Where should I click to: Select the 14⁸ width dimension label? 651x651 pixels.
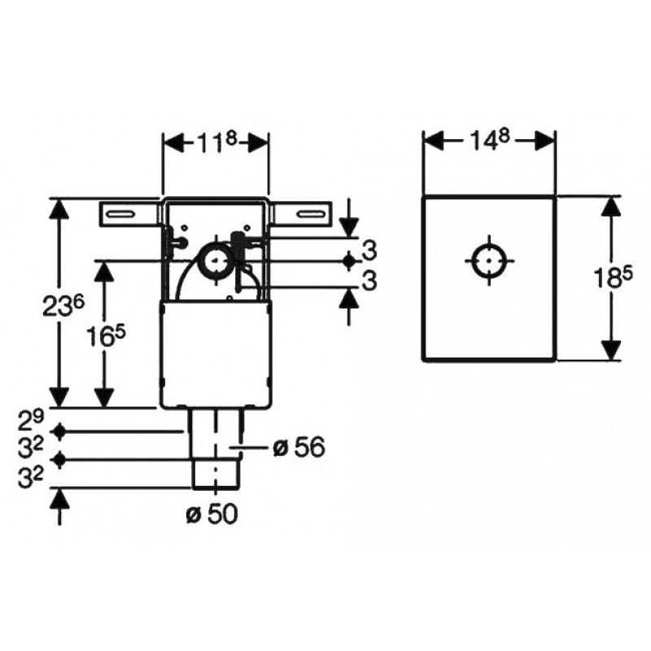pyautogui.click(x=489, y=141)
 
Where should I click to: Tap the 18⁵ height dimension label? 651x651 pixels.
pyautogui.click(x=613, y=277)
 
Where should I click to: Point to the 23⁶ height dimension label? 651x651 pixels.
pyautogui.click(x=63, y=306)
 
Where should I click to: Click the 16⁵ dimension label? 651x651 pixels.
pyautogui.click(x=106, y=335)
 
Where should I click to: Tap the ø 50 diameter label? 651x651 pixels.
pyautogui.click(x=212, y=514)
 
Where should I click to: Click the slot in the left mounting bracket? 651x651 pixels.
pyautogui.click(x=120, y=214)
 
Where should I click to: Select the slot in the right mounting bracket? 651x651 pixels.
pyautogui.click(x=310, y=214)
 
